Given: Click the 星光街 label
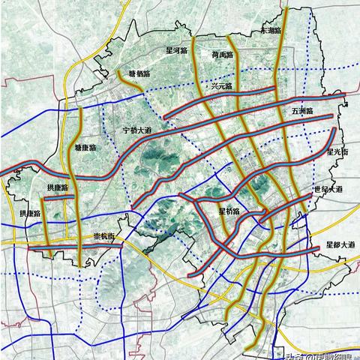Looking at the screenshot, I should pyautogui.click(x=338, y=152).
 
